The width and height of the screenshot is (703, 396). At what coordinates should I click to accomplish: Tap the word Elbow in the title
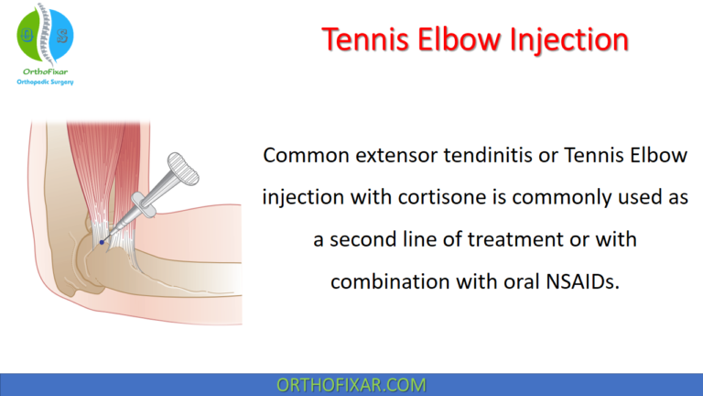coord(460,39)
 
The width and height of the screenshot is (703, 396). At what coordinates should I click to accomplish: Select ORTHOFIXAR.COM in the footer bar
coord(351,384)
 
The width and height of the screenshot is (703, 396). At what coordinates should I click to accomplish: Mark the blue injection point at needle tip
coord(101,242)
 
